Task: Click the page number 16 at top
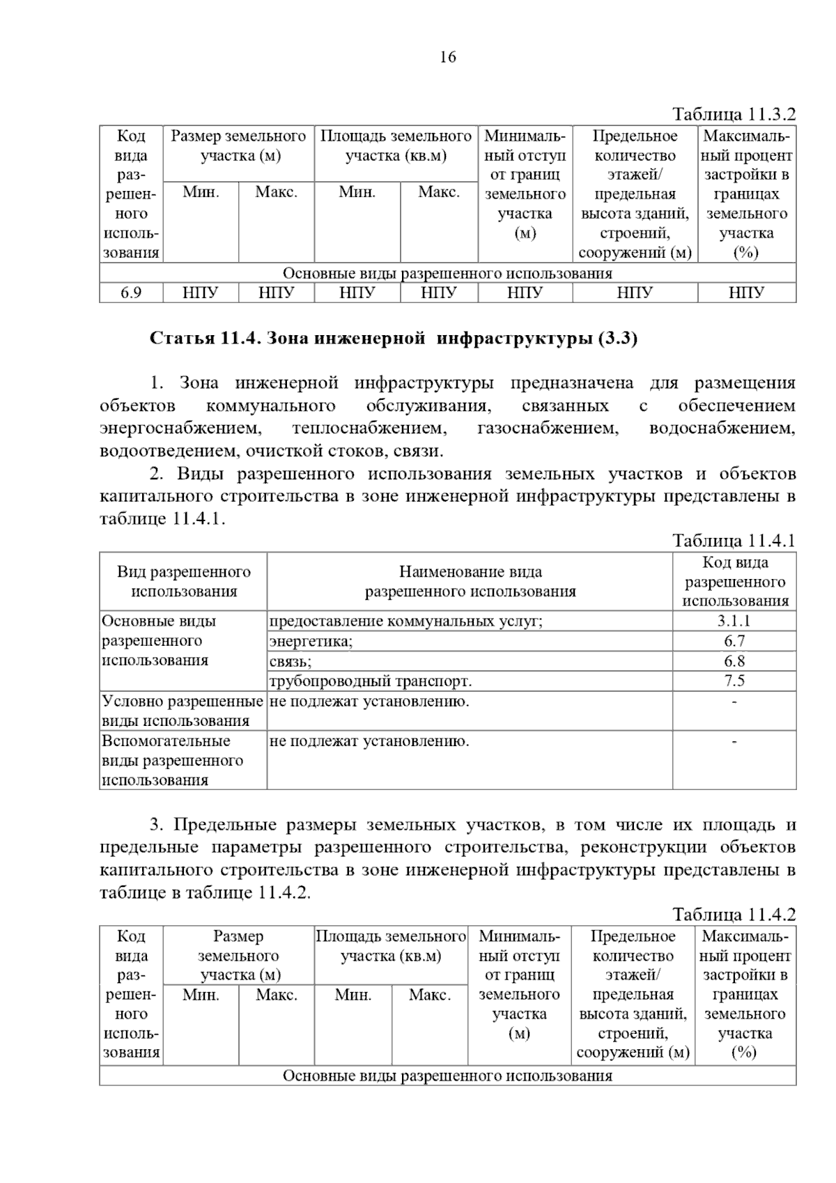click(448, 57)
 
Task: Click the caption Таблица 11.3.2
click(734, 114)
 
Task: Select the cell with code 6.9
click(131, 293)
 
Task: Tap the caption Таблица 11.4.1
click(734, 541)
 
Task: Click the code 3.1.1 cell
click(734, 621)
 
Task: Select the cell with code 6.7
click(734, 641)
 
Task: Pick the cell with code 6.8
click(734, 660)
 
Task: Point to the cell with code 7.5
click(734, 681)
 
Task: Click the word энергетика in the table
click(311, 641)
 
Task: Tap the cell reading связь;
click(291, 660)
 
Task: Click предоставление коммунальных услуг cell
click(405, 621)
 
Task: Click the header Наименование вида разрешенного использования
click(470, 582)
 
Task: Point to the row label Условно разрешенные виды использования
click(183, 711)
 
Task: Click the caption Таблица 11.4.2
click(734, 914)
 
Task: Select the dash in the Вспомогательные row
click(734, 741)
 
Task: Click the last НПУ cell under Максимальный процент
click(746, 293)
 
